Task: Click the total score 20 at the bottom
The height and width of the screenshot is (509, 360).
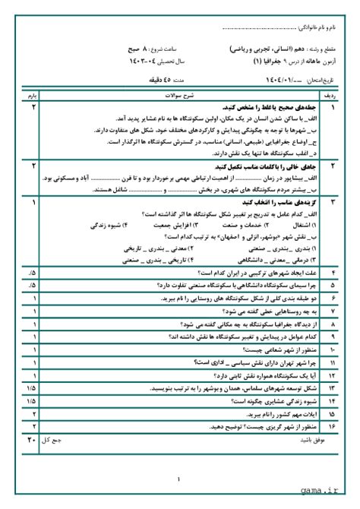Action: coord(31,439)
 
